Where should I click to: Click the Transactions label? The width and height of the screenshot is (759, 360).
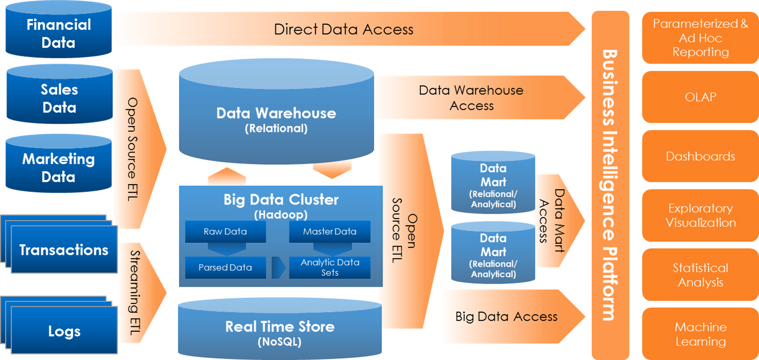64,250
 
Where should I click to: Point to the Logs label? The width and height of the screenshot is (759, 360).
64,331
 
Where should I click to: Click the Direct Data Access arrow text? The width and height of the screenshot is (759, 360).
343,29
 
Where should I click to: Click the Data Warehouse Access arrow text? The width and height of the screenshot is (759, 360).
471,98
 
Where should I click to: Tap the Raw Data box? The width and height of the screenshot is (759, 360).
225,232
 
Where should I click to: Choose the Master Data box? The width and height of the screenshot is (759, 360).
329,232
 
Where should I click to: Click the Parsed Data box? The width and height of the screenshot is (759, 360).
225,268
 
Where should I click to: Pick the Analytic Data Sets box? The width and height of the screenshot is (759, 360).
330,268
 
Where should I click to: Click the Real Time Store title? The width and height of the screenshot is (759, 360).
280,327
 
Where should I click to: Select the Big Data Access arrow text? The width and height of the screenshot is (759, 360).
506,316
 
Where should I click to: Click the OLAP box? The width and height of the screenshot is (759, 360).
700,97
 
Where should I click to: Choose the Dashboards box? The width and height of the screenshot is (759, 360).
700,156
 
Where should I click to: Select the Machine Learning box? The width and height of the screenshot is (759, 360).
700,334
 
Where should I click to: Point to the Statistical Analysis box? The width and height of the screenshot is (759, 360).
700,275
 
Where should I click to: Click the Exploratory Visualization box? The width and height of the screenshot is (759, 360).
700,216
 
